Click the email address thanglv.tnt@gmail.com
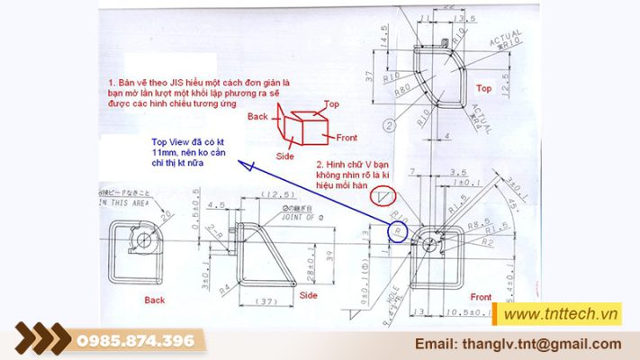518,344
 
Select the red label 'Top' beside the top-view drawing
483,89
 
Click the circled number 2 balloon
388,125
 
